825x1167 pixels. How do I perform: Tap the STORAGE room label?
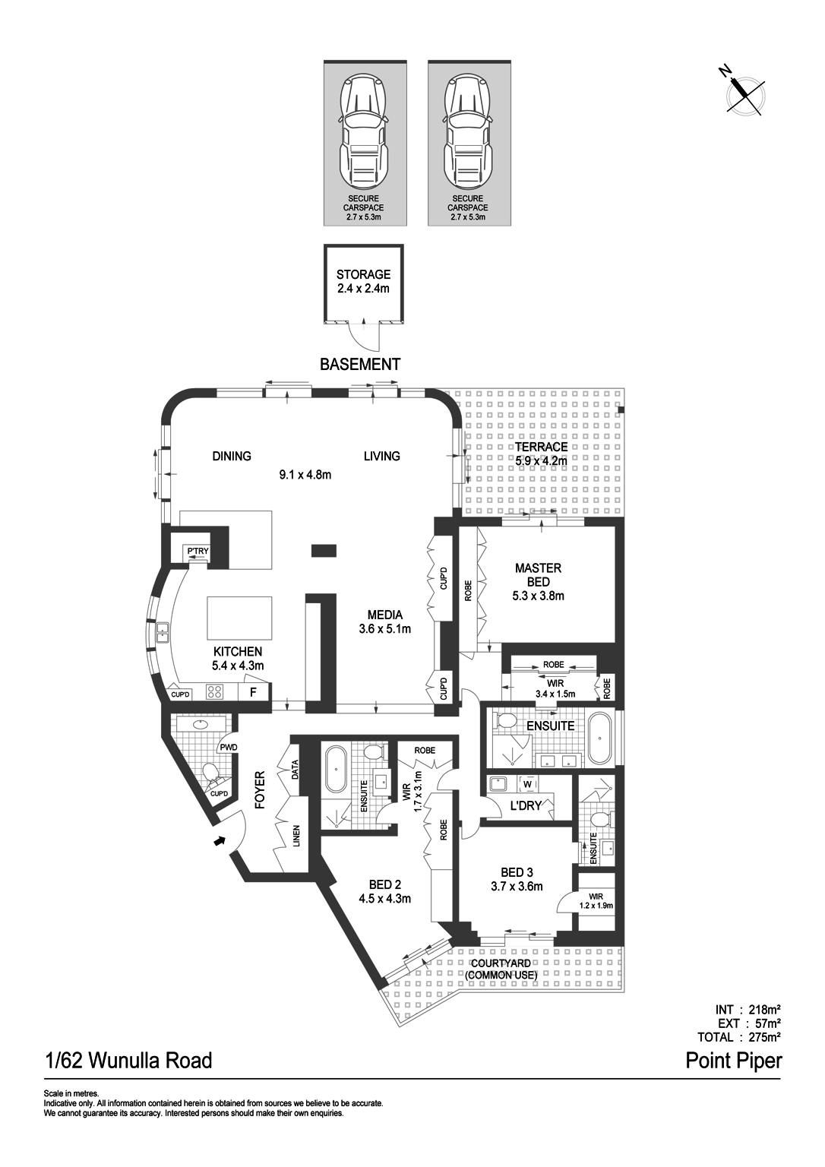point(363,281)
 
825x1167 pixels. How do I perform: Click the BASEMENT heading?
point(359,365)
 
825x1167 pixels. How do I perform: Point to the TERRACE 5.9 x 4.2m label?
point(541,454)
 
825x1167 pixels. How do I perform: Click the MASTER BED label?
point(538,581)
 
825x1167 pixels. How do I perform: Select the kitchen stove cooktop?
point(215,692)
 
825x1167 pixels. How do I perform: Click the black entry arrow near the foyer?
point(220,841)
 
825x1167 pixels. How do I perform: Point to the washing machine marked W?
point(528,783)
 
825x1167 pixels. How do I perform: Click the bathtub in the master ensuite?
point(601,737)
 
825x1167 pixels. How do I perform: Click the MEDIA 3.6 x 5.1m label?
point(384,621)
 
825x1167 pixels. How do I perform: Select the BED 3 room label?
point(517,879)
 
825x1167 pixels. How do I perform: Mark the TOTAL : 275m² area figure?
point(739,1036)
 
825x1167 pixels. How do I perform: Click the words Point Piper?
point(733,1061)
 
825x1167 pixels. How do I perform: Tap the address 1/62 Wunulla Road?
point(128,1061)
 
